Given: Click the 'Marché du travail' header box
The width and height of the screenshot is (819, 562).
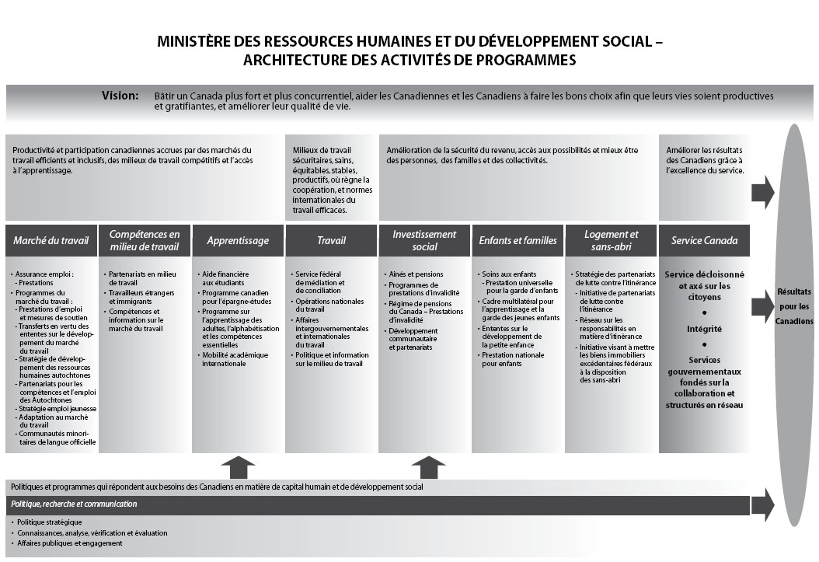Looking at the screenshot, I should click(x=51, y=241).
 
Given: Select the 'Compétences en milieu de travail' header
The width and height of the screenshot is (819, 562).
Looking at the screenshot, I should click(x=145, y=241).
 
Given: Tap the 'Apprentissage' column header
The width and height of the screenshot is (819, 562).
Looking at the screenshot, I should click(x=238, y=241).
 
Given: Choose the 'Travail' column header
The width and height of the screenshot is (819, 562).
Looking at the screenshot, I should click(x=331, y=241).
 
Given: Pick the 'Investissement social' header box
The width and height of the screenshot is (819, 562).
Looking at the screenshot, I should click(x=424, y=241).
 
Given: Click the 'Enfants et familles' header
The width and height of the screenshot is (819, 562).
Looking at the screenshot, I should click(x=518, y=241).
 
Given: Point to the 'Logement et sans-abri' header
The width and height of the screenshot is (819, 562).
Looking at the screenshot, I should click(x=611, y=241).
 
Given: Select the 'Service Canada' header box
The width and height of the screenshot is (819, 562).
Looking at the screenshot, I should click(x=704, y=241).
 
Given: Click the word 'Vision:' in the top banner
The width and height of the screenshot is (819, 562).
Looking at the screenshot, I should click(x=120, y=96).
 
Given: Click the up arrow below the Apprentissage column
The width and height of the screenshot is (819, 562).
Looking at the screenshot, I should click(x=238, y=467).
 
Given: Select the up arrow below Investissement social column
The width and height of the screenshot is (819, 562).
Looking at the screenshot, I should click(x=427, y=467).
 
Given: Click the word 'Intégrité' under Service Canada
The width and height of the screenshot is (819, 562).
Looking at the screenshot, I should click(x=704, y=329).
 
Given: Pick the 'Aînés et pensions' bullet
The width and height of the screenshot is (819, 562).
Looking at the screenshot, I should click(x=415, y=274).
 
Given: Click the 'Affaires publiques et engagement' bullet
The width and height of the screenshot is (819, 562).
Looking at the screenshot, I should click(x=70, y=543).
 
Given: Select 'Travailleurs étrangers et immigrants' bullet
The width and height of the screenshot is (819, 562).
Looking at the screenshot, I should click(x=140, y=297).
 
